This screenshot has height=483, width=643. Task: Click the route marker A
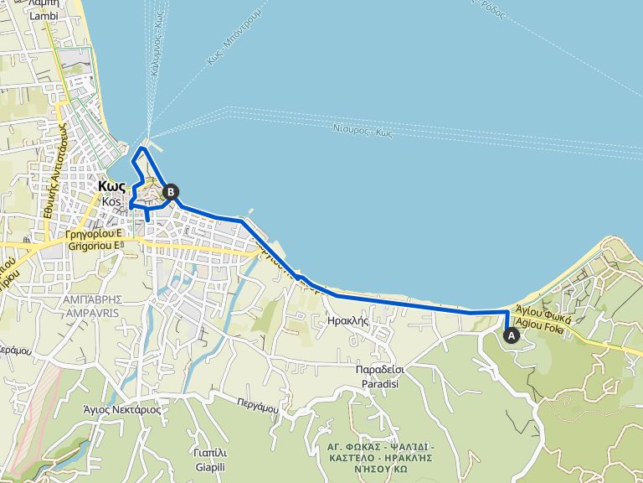(x=511, y=334)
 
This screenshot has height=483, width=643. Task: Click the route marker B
(x=170, y=192)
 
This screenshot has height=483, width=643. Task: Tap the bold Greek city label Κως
(x=111, y=187)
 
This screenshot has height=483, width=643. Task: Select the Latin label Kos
(x=111, y=202)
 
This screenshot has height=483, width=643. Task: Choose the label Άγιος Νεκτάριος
(x=122, y=410)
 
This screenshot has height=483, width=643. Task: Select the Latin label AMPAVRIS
(x=92, y=312)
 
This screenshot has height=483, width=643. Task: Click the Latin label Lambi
(x=43, y=14)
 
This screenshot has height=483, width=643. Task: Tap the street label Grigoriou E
(x=93, y=247)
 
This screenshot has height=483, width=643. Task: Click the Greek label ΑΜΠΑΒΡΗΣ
(x=92, y=299)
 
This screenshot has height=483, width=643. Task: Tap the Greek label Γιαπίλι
(x=209, y=453)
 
